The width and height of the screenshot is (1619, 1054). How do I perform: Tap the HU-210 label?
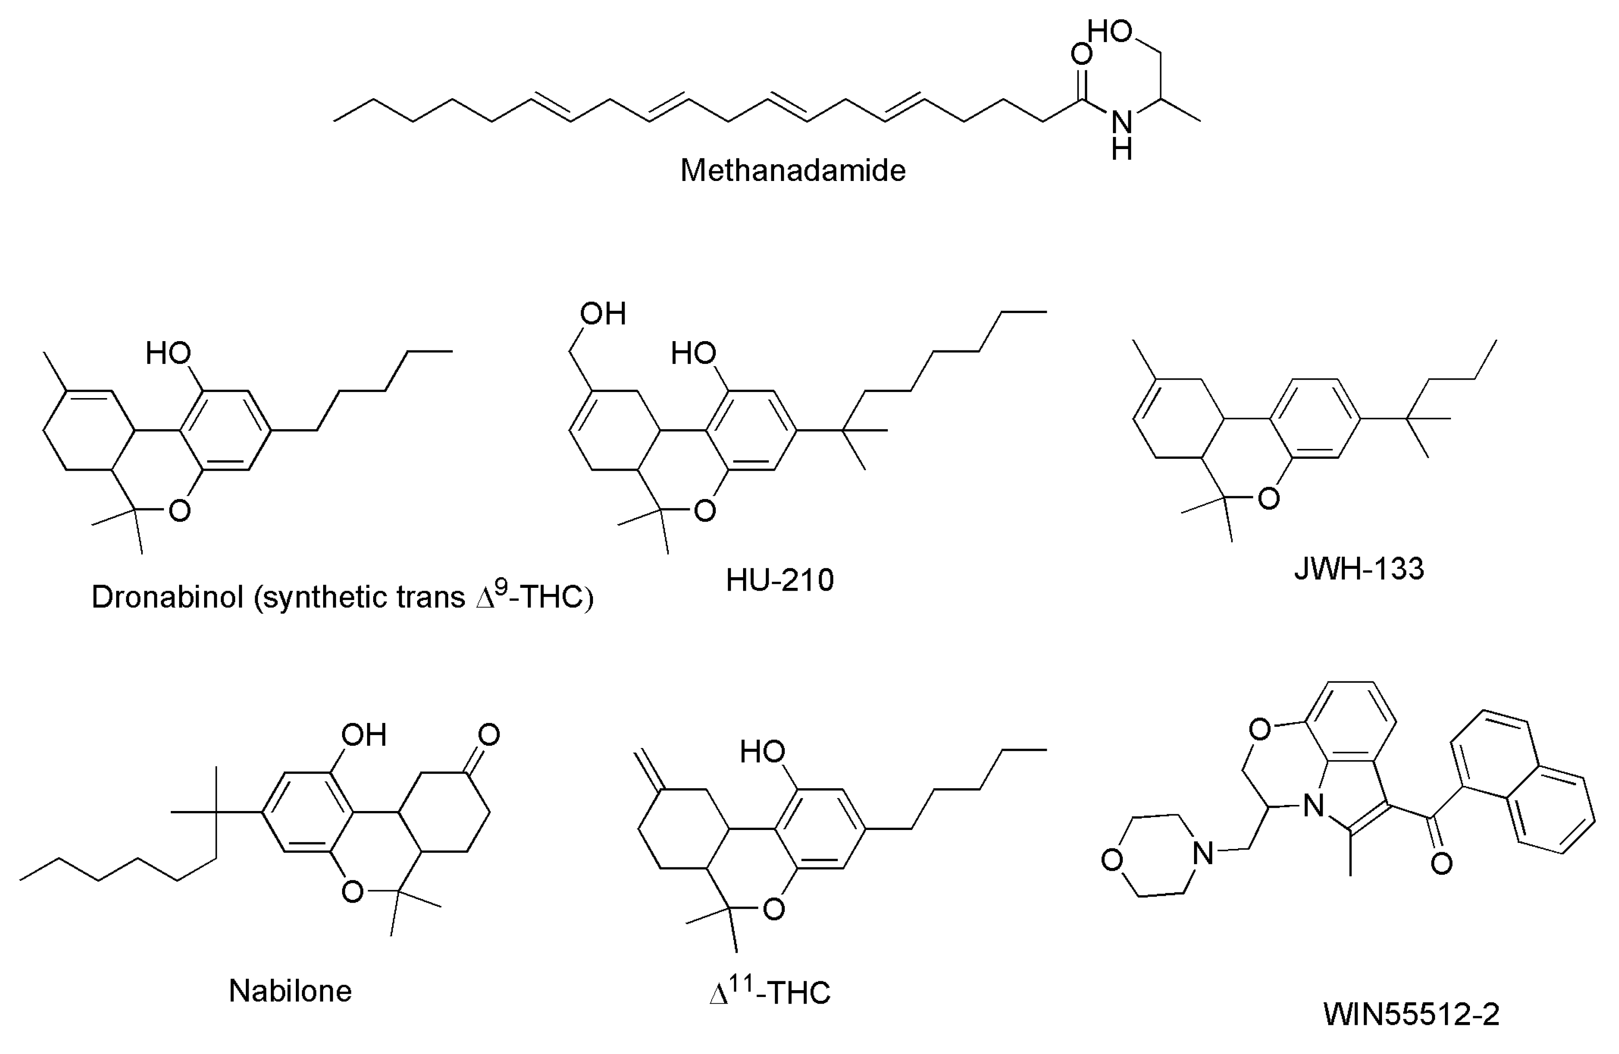(x=780, y=580)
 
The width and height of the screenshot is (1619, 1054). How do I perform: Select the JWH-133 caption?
(x=1358, y=568)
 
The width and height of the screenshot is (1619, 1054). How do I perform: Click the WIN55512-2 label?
(x=1411, y=1014)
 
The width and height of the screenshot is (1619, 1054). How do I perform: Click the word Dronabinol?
(x=167, y=597)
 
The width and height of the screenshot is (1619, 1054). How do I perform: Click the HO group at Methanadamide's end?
(x=1109, y=31)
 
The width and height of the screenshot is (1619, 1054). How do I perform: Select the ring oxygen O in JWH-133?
(x=1269, y=499)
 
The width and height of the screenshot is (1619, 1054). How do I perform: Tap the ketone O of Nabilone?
(x=488, y=735)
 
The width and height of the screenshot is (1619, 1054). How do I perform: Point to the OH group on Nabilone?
(x=364, y=735)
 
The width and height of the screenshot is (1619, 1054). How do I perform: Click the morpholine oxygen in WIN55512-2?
(x=1112, y=860)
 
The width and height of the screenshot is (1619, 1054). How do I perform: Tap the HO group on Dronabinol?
(x=168, y=353)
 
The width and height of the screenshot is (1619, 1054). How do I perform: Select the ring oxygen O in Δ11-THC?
(x=774, y=909)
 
